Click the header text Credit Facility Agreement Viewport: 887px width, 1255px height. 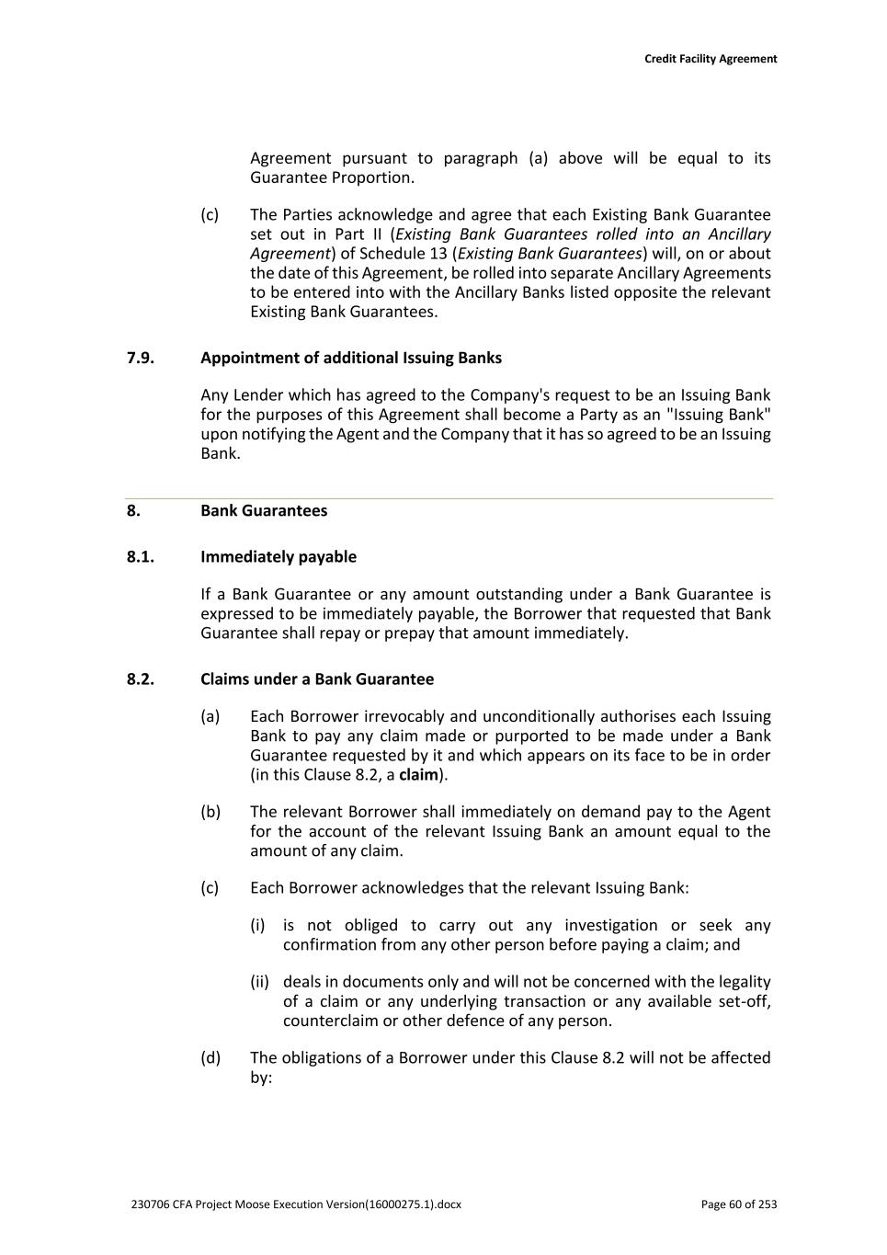(x=710, y=59)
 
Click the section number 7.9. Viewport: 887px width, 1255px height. (x=141, y=358)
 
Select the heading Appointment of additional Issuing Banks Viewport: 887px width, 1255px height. (x=350, y=358)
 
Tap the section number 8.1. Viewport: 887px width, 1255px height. (x=141, y=556)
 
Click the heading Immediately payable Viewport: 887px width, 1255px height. (x=278, y=556)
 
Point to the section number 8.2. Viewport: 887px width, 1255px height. (x=141, y=679)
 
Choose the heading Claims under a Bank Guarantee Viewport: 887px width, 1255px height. (x=316, y=679)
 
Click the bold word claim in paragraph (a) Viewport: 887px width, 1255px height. (x=417, y=774)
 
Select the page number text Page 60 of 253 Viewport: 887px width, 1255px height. (x=738, y=1204)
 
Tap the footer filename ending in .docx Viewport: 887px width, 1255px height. (x=296, y=1204)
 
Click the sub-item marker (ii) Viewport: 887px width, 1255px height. (x=259, y=982)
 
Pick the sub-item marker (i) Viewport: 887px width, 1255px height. (x=257, y=925)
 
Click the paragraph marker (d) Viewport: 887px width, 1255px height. (x=210, y=1057)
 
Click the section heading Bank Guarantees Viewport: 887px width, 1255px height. (x=263, y=510)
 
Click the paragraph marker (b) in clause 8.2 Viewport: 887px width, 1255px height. (x=210, y=812)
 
